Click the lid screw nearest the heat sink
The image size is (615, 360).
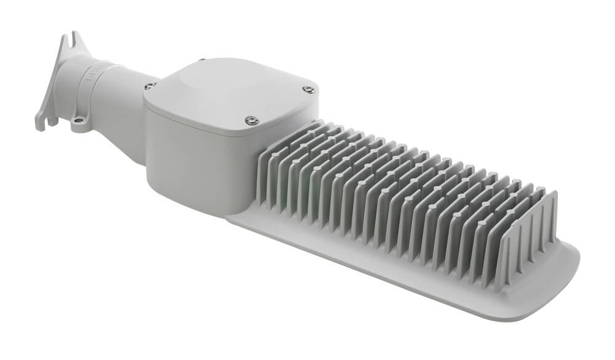(x=251, y=121)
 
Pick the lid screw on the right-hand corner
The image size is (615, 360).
(x=309, y=90)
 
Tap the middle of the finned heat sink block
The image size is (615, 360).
(x=400, y=197)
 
